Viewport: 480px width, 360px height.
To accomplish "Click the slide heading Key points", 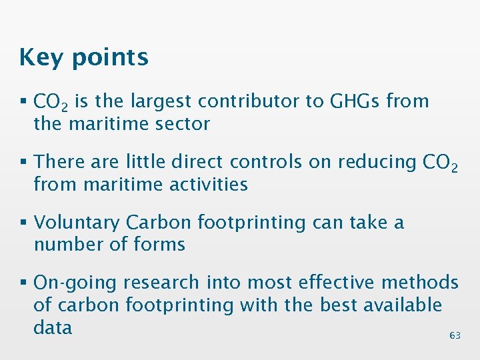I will click(x=84, y=58).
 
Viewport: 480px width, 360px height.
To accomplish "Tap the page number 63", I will click(x=455, y=336).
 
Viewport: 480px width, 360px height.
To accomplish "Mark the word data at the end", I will click(x=53, y=327).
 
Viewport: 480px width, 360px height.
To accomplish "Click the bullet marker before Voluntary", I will click(x=24, y=223).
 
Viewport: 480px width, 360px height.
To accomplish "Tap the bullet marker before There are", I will click(x=24, y=162).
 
